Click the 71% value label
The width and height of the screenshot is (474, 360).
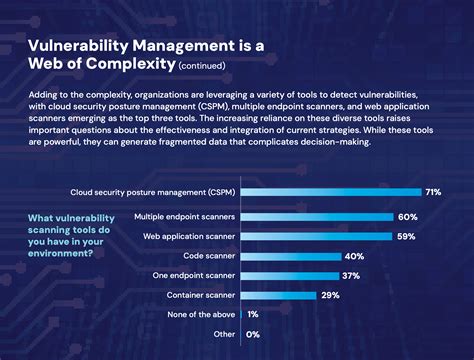pyautogui.click(x=433, y=192)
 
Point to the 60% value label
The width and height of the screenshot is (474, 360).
pyautogui.click(x=408, y=217)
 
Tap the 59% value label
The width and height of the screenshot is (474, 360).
pyautogui.click(x=405, y=237)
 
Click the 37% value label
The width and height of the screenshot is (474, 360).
pyautogui.click(x=349, y=276)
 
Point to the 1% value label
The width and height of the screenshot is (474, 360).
pyautogui.click(x=252, y=315)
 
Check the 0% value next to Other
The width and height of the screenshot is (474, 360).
pyautogui.click(x=252, y=334)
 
